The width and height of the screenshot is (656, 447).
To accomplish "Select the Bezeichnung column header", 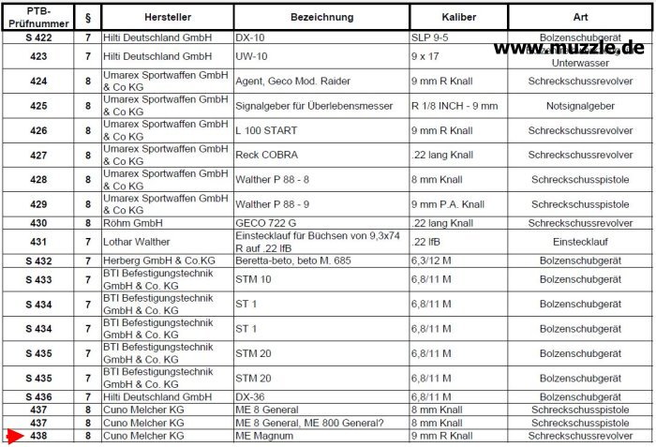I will coord(321,17).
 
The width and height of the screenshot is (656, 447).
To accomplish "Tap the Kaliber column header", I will coord(458,17).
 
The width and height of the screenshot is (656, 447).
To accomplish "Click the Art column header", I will coord(580,17).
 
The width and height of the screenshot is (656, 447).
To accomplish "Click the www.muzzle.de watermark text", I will coord(568,47).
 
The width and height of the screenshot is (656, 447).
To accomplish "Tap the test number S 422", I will coord(38,38).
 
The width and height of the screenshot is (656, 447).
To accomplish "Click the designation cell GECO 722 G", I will coord(266,223).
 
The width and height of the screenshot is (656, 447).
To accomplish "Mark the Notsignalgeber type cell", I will coord(580,106).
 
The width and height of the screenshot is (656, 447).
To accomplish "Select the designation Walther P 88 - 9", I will coord(276,204).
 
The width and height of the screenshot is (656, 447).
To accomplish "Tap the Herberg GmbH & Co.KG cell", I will coord(159,261).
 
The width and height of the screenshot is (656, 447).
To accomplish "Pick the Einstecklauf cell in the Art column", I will coord(580,242).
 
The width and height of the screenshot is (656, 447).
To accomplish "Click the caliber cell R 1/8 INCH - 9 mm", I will coord(455,106).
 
